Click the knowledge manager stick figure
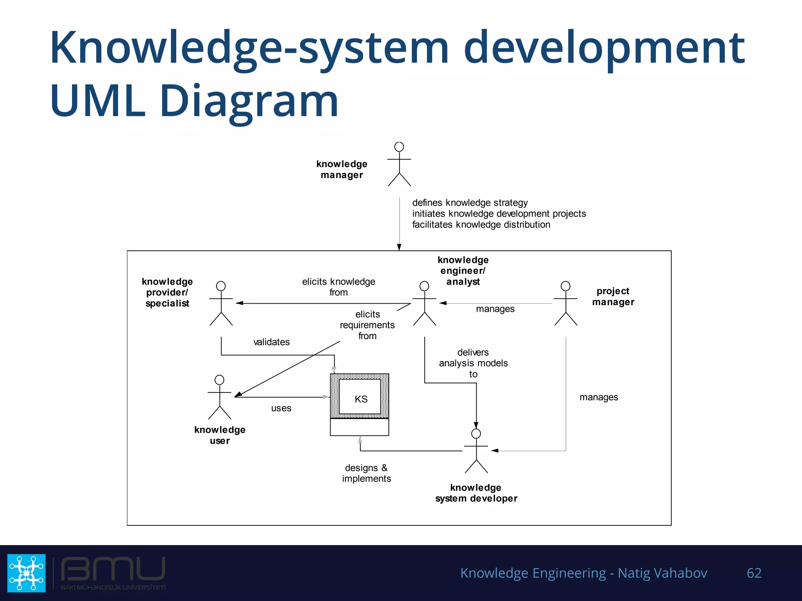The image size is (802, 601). [x=399, y=164]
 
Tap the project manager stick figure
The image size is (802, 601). [x=565, y=304]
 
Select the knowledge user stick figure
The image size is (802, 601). [x=220, y=398]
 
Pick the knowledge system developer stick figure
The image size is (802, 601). [x=476, y=451]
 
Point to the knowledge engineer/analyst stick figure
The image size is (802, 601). [x=424, y=304]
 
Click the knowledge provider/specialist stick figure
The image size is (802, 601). [x=221, y=304]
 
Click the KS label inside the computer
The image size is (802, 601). [x=361, y=399]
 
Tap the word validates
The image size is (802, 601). [x=271, y=342]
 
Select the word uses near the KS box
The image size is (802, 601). [x=281, y=408]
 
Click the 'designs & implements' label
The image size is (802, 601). [x=366, y=473]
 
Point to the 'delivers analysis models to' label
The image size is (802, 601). [x=473, y=363]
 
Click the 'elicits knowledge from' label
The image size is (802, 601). [x=338, y=287]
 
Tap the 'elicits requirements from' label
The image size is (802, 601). [x=367, y=325]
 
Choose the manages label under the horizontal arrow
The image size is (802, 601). [x=495, y=309]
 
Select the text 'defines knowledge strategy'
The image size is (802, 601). [x=470, y=203]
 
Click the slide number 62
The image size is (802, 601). [x=754, y=573]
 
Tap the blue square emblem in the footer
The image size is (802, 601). [x=26, y=573]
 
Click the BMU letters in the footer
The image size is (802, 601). [x=113, y=569]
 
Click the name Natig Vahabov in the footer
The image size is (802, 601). [x=662, y=573]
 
